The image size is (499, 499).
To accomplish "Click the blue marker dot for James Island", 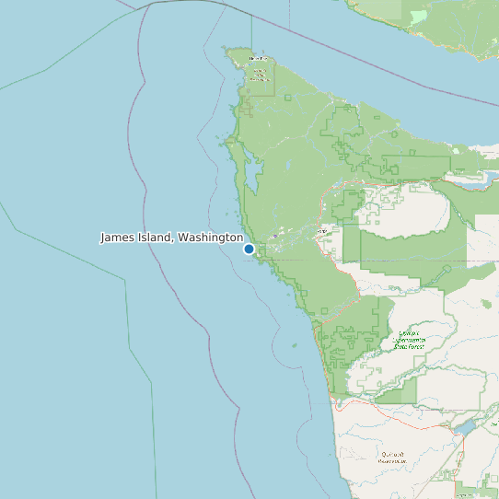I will [249, 249].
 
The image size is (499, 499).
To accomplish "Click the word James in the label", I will [118, 238].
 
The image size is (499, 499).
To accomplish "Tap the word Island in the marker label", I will [155, 238].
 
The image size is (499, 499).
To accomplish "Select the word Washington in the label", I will [210, 238].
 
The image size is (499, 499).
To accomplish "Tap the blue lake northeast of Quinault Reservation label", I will [463, 428].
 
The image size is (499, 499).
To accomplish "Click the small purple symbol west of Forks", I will [274, 236].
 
